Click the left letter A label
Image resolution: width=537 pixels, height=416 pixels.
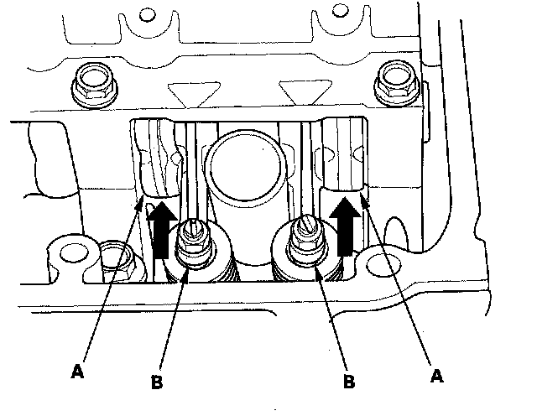click(x=77, y=372)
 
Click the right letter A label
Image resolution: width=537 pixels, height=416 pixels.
click(x=436, y=376)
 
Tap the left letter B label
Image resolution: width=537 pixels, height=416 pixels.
click(x=157, y=382)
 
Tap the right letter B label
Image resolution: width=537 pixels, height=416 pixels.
click(x=349, y=381)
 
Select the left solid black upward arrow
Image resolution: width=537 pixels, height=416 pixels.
click(x=162, y=230)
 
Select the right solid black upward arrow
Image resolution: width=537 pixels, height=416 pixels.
click(x=345, y=226)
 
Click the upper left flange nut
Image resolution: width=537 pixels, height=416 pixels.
click(x=95, y=84)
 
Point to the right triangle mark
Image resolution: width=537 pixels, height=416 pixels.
click(x=305, y=91)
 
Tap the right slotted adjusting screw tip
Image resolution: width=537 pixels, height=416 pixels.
click(x=305, y=223)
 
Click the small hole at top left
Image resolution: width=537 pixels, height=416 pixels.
click(x=148, y=14)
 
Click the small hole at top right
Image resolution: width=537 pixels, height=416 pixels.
click(x=339, y=11)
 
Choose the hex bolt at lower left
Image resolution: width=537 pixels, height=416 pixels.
click(x=117, y=261)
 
